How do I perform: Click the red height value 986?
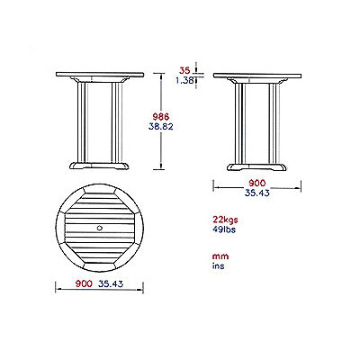161,117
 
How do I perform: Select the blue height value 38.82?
161,127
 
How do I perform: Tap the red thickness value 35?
184,71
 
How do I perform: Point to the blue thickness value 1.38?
184,80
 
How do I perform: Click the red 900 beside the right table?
257,183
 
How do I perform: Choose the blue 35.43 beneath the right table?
257,193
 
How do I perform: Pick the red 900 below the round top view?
84,283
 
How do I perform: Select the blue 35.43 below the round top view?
111,283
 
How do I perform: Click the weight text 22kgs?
225,220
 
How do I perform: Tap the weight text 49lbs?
224,229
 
